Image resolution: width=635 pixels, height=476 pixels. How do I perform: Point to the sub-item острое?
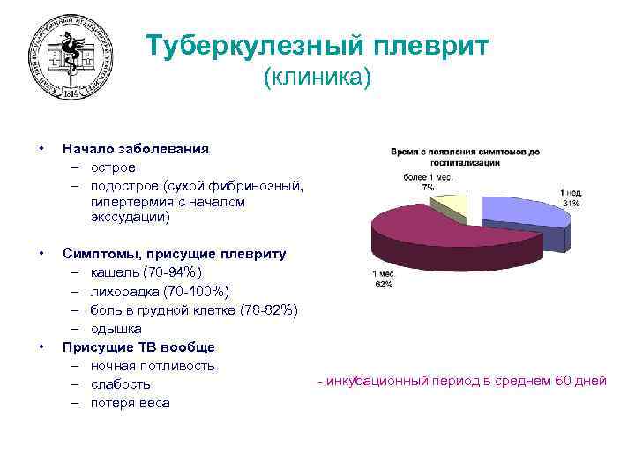tap(113, 167)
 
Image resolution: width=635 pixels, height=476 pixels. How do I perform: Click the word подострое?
tap(123, 185)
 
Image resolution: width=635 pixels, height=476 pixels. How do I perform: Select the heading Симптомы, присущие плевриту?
tap(174, 254)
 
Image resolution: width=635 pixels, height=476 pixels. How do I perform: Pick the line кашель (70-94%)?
tap(146, 272)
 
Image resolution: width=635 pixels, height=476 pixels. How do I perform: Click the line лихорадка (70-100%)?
tap(160, 291)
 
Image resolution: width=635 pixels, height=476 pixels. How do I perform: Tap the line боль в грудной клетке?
tap(194, 309)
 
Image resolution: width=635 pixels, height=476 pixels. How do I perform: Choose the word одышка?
tap(116, 328)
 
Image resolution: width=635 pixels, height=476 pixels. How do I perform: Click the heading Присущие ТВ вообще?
tap(138, 346)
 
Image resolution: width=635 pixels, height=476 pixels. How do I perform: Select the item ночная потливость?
tap(153, 365)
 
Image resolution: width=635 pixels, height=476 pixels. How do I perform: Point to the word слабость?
tap(120, 384)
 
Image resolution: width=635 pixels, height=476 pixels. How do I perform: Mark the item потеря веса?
tap(130, 403)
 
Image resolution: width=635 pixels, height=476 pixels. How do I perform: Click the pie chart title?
tap(466, 157)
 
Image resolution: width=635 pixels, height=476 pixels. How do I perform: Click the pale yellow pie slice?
tap(451, 205)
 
